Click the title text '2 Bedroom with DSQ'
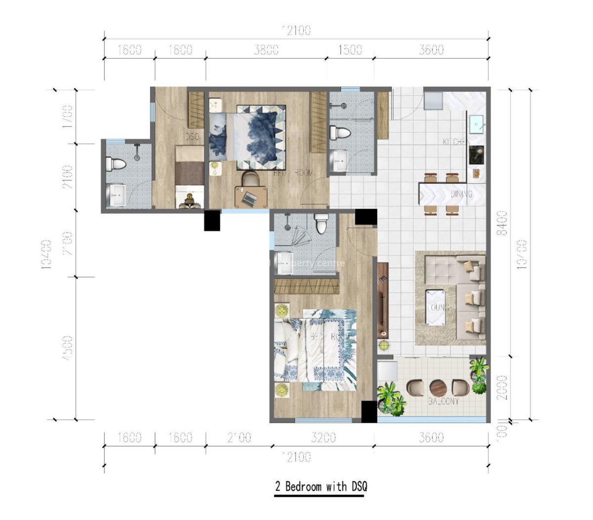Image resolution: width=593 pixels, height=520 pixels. (321, 486)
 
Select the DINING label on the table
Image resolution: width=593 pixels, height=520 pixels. (461, 194)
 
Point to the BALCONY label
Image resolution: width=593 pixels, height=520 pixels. (443, 401)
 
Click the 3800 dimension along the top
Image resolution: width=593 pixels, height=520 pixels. (266, 50)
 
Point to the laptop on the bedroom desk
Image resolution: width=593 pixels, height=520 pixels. (250, 199)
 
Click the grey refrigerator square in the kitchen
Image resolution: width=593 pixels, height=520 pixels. (433, 100)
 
